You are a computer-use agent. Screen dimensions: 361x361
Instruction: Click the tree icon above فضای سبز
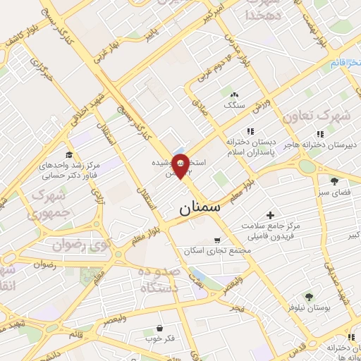[x=334, y=181]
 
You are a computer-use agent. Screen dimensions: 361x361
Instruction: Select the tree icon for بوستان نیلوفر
[x=309, y=296]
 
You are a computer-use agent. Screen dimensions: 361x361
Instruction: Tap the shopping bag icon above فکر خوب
[x=161, y=328]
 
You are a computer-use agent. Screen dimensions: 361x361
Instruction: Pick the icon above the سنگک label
[x=235, y=94]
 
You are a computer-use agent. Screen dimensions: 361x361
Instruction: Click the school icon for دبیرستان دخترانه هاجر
[x=321, y=133]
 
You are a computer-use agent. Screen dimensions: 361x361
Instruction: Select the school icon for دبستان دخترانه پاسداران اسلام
[x=248, y=131]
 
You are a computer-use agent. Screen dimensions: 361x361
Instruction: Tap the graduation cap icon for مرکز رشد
[x=69, y=155]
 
